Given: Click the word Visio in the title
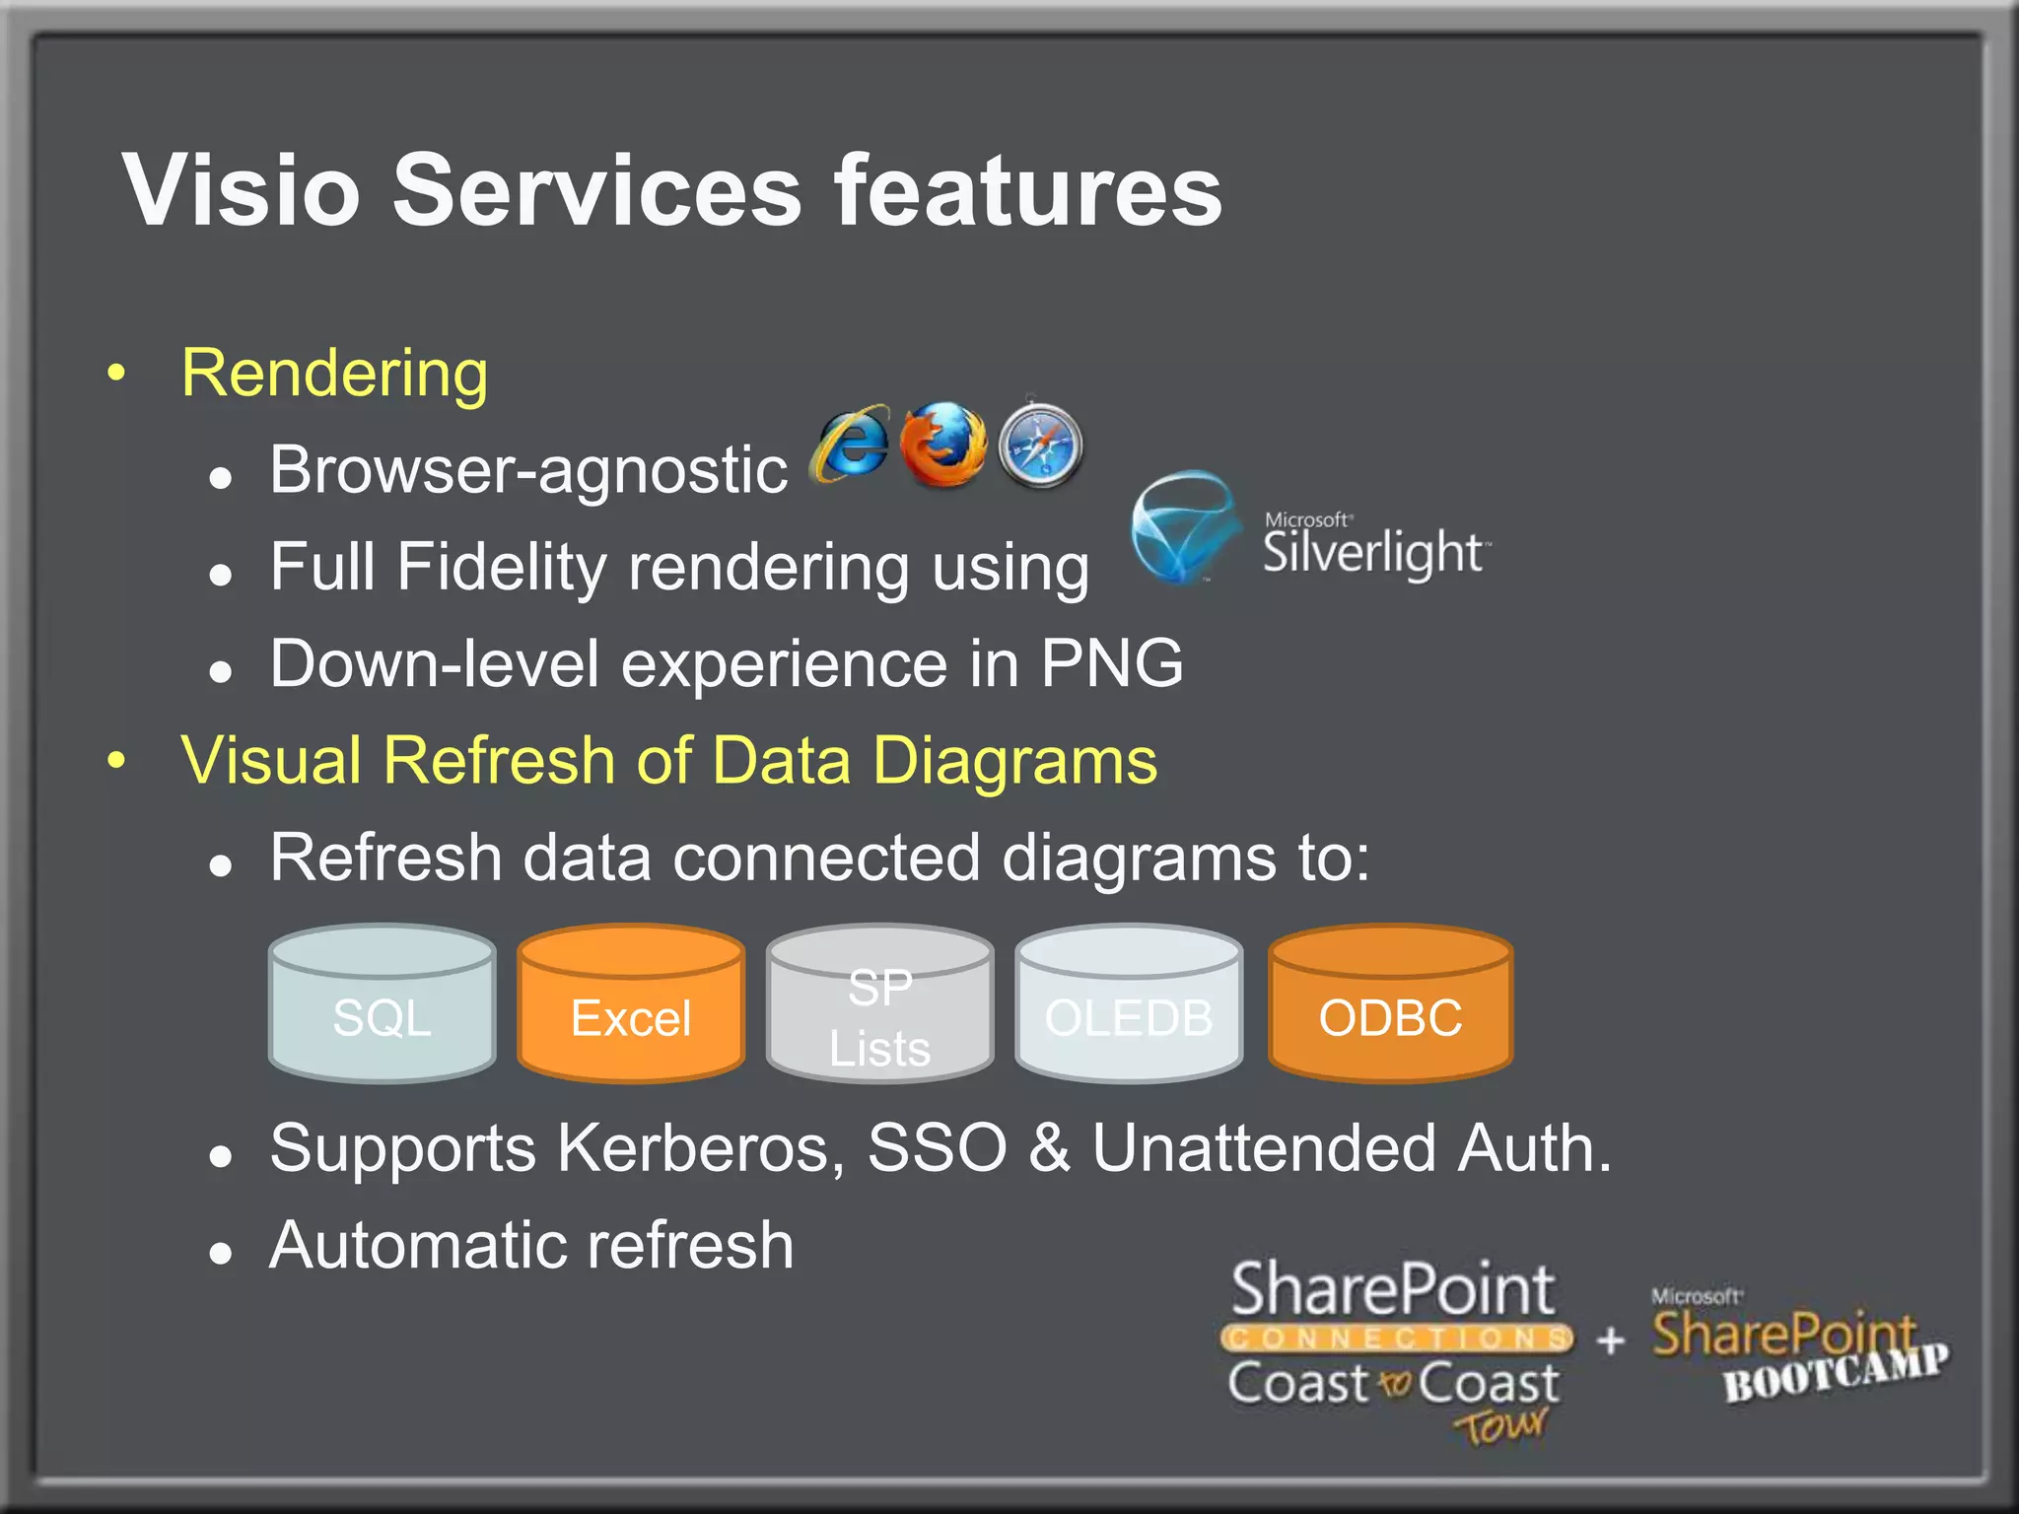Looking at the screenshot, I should (x=241, y=191).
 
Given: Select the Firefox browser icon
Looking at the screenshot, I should (x=943, y=446).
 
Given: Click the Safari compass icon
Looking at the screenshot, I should (x=1040, y=447).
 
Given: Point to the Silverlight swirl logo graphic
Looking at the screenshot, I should (x=1184, y=527).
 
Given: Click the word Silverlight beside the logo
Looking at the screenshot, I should (x=1373, y=552).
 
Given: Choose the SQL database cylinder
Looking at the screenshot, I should (x=383, y=1003).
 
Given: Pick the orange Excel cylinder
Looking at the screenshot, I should (x=631, y=1003).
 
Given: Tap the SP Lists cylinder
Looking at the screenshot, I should (x=879, y=1003).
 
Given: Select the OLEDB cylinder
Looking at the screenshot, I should (x=1128, y=1003).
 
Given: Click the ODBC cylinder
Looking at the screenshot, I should (x=1390, y=1003).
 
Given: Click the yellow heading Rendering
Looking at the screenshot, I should (x=334, y=374).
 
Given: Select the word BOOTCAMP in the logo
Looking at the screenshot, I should (x=1836, y=1372).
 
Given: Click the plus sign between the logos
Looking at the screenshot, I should (x=1611, y=1341).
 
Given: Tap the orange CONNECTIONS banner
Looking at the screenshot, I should (x=1396, y=1338).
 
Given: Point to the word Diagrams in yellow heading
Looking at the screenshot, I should (x=1014, y=761).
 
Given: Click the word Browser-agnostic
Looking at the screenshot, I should (x=528, y=470).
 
